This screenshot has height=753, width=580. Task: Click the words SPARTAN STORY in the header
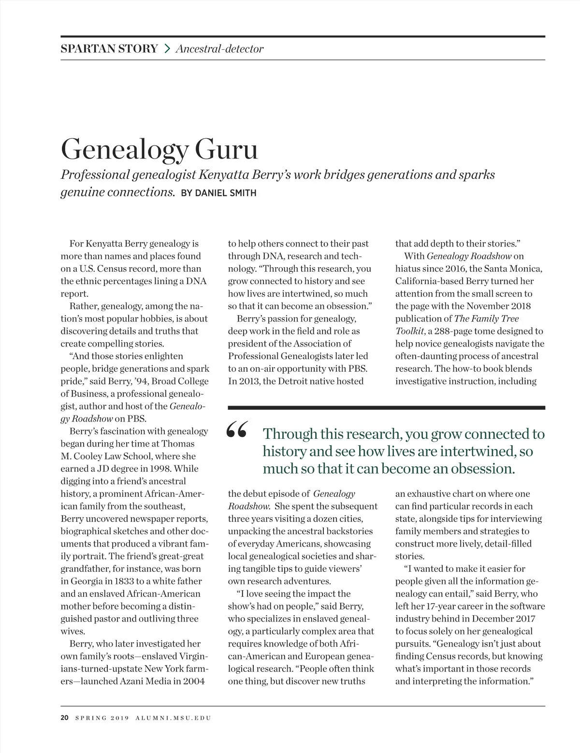(109, 48)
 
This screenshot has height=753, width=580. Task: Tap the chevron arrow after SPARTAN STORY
(167, 48)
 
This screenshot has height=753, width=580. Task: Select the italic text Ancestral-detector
(220, 49)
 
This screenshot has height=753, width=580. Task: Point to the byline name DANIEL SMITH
(218, 193)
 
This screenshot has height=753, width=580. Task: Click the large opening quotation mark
(237, 429)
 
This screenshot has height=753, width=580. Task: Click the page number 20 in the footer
(65, 718)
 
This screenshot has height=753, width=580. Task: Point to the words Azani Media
(145, 681)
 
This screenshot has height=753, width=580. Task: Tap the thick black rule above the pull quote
(386, 407)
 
